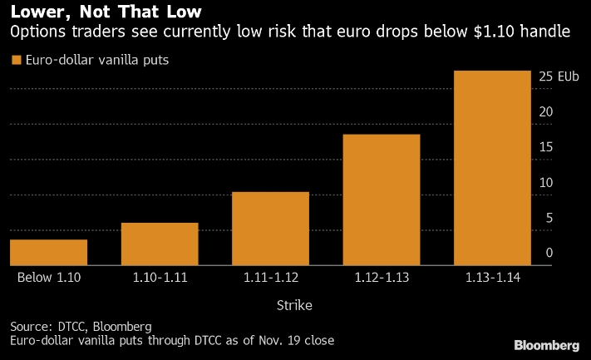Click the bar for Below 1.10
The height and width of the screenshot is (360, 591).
click(x=48, y=253)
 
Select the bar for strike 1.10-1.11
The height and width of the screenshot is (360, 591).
click(x=160, y=244)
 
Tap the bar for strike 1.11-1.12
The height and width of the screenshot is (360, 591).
click(x=270, y=229)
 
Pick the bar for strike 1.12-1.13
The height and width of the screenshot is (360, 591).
click(x=382, y=200)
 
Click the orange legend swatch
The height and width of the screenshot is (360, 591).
click(x=16, y=60)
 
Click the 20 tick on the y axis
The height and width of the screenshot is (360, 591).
click(x=545, y=111)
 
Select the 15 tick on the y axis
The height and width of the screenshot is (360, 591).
click(x=545, y=147)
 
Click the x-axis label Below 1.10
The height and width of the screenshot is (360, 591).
click(x=48, y=277)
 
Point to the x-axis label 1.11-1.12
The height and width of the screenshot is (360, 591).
click(x=270, y=277)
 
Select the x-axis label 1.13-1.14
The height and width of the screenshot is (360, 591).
click(x=492, y=277)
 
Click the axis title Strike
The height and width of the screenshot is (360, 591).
click(x=294, y=305)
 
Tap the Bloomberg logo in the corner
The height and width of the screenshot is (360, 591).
click(x=546, y=345)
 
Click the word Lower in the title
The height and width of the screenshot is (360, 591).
click(x=38, y=12)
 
